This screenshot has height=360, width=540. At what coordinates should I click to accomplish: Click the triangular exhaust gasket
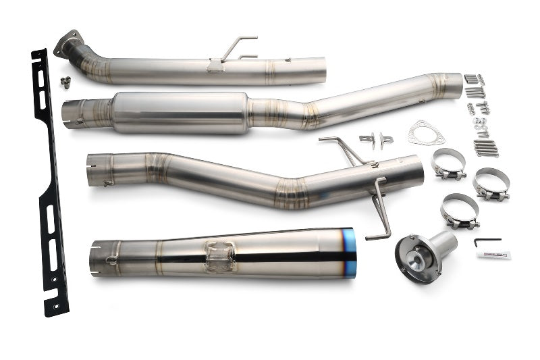(x=425, y=132)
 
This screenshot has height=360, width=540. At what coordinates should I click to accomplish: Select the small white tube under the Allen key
(x=493, y=255)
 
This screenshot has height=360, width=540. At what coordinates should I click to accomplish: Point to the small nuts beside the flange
(x=65, y=82)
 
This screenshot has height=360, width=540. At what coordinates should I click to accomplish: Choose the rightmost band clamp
(x=491, y=184)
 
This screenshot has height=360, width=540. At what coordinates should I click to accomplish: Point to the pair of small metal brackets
(x=376, y=140)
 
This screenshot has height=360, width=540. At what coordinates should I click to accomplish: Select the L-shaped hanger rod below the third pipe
(x=380, y=209)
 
